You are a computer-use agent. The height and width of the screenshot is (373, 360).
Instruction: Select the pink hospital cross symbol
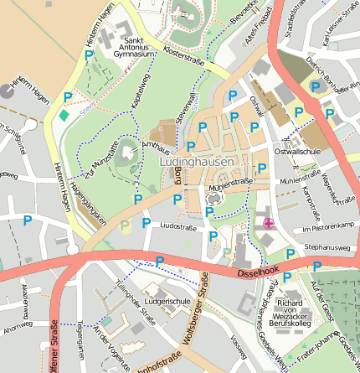(x=268, y=223)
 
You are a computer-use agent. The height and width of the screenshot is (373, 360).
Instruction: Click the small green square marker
(x=65, y=114)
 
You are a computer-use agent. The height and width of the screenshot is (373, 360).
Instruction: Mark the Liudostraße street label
(x=177, y=226)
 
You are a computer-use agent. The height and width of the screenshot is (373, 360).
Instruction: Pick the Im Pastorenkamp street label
(x=329, y=227)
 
